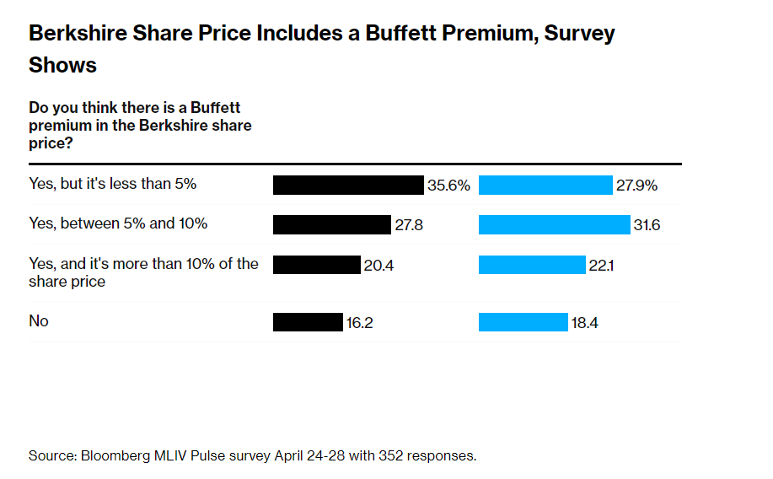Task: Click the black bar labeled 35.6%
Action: click(347, 186)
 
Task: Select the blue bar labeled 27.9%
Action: click(545, 186)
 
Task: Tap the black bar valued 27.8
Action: click(332, 224)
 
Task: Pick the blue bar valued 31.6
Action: click(554, 224)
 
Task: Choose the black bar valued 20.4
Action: click(316, 265)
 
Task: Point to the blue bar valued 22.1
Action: click(531, 265)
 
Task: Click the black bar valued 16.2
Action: click(307, 322)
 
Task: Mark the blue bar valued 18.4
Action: click(523, 322)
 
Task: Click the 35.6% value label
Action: click(448, 186)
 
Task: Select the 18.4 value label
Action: click(586, 322)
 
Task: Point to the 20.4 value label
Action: click(379, 265)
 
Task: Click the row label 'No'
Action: click(39, 321)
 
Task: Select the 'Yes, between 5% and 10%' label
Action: click(118, 223)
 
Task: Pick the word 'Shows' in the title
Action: click(62, 65)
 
